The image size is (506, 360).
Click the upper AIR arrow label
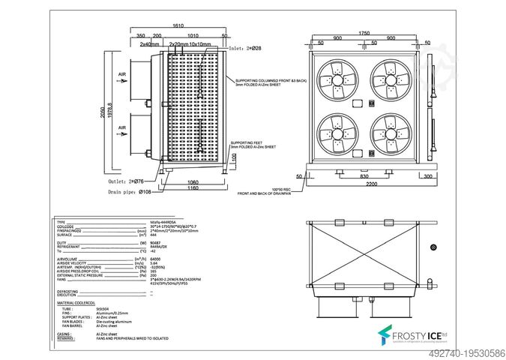(121, 74)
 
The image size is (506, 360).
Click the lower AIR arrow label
(121, 128)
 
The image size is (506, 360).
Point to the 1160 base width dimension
(193, 187)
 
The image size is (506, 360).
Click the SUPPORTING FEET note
(253, 144)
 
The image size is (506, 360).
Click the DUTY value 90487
(156, 243)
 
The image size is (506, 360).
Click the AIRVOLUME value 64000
(156, 259)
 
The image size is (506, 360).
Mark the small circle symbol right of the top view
(433, 247)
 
